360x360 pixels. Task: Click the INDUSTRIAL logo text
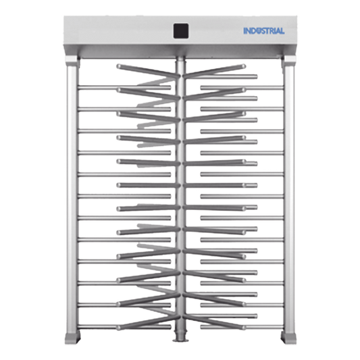pyautogui.click(x=264, y=31)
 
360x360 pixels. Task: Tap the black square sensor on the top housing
pyautogui.click(x=181, y=31)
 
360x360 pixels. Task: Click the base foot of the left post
pyautogui.click(x=72, y=338)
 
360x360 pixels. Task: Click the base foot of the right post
pyautogui.click(x=288, y=338)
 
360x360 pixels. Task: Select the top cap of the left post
pyautogui.click(x=72, y=61)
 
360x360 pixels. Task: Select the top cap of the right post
pyautogui.click(x=289, y=61)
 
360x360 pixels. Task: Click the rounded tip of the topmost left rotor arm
pyautogui.click(x=118, y=66)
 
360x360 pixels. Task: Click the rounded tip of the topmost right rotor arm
pyautogui.click(x=244, y=66)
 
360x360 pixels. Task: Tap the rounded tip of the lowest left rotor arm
pyautogui.click(x=118, y=328)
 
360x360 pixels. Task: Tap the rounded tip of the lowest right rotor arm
pyautogui.click(x=244, y=328)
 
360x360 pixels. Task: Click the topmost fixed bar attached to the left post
pyautogui.click(x=124, y=88)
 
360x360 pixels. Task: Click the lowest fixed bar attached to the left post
pyautogui.click(x=124, y=327)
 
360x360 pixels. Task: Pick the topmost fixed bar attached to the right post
pyautogui.click(x=242, y=88)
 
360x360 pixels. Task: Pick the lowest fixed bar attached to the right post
pyautogui.click(x=242, y=327)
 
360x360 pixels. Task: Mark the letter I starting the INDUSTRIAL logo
pyautogui.click(x=245, y=31)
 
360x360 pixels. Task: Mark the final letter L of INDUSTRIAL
pyautogui.click(x=282, y=31)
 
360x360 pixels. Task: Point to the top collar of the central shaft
pyautogui.click(x=181, y=59)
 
